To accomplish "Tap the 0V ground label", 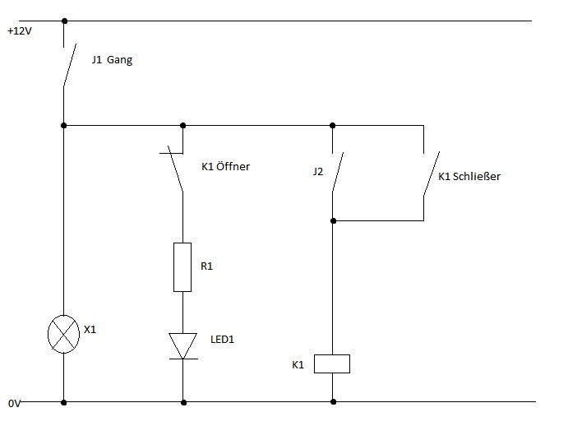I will (15, 404).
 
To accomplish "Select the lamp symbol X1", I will (64, 334).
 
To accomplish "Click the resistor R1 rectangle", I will (182, 266).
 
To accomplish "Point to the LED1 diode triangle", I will (182, 343).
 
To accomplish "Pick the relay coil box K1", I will (333, 363).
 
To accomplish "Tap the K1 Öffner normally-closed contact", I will (177, 169).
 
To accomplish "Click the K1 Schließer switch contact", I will (430, 172).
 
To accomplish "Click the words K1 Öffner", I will (225, 166).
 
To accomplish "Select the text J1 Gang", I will (111, 60).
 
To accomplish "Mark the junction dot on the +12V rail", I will (64, 21).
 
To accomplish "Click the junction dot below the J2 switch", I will (333, 220).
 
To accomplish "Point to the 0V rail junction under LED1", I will (182, 402).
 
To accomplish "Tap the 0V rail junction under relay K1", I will (333, 402).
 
